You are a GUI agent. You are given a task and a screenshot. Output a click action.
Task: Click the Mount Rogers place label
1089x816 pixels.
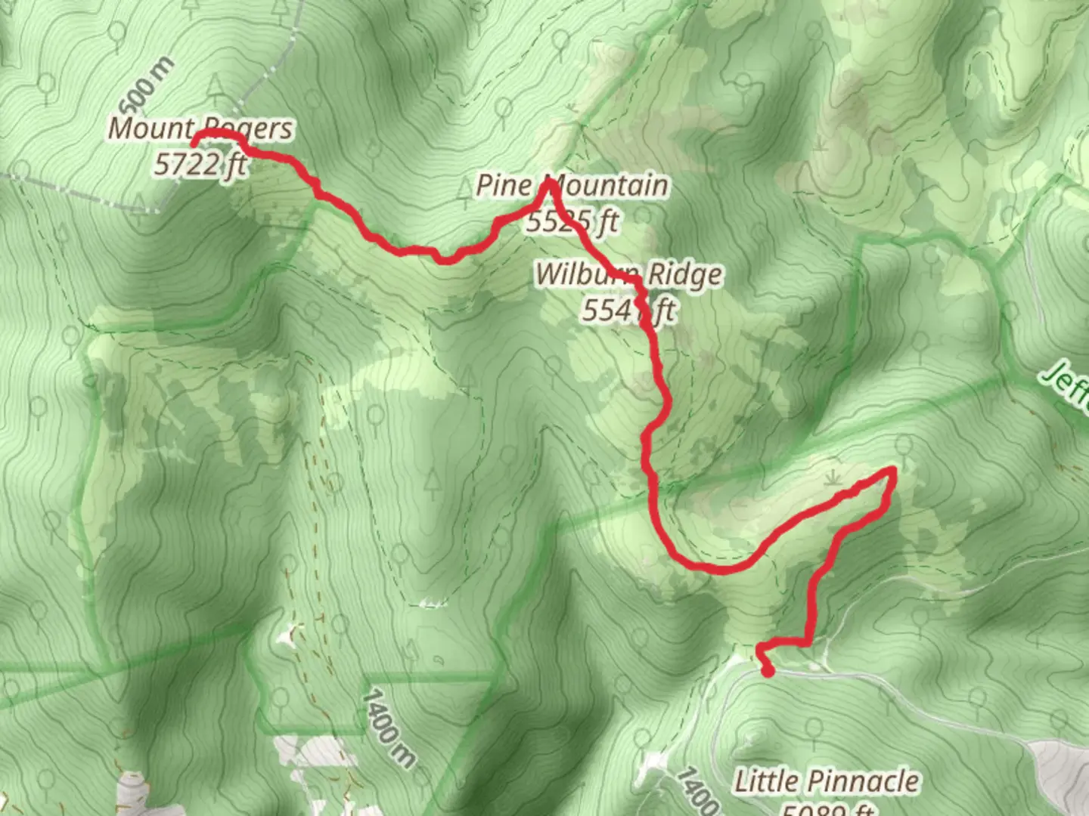pyautogui.click(x=200, y=128)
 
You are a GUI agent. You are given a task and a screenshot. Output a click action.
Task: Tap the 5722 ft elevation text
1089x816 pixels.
pyautogui.click(x=200, y=164)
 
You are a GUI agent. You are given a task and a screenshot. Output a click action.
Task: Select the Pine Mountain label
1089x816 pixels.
pyautogui.click(x=572, y=186)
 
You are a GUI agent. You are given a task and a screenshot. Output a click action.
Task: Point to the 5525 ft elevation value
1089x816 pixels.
pyautogui.click(x=572, y=221)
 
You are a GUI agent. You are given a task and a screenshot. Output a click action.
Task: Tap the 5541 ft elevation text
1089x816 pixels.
pyautogui.click(x=628, y=310)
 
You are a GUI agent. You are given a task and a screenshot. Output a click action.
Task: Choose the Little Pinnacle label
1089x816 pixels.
pyautogui.click(x=827, y=781)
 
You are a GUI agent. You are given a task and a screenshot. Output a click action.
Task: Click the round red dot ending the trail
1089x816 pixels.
pyautogui.click(x=768, y=671)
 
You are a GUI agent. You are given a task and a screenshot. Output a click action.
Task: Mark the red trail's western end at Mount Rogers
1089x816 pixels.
pyautogui.click(x=194, y=143)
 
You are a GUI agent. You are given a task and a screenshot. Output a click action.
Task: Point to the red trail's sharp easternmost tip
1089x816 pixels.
pyautogui.click(x=893, y=471)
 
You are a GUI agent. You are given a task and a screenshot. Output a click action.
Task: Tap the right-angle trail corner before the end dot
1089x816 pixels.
pyautogui.click(x=810, y=642)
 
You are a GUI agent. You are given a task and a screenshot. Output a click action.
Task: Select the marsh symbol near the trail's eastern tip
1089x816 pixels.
pyautogui.click(x=833, y=478)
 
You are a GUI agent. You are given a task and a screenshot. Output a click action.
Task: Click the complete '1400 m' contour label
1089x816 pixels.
pyautogui.click(x=389, y=727)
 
